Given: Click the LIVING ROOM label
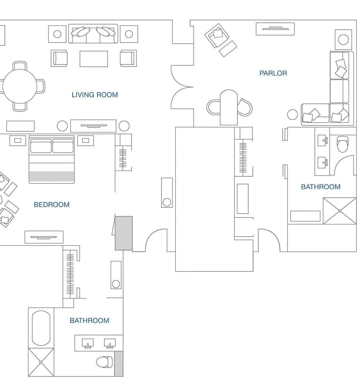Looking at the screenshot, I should click(95, 95).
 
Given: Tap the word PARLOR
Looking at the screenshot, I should click(273, 73).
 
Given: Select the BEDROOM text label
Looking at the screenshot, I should click(52, 204).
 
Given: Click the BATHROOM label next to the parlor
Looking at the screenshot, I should click(320, 187).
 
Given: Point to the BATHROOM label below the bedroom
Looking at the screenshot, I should click(89, 320).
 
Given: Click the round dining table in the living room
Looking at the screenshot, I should click(20, 86).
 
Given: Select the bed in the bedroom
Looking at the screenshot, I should click(52, 159).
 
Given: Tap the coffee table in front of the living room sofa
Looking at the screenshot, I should click(94, 59).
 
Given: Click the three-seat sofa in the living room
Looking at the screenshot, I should click(93, 34).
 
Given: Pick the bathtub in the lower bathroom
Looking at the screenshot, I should click(41, 328).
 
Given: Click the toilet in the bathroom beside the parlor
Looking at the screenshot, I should click(343, 144).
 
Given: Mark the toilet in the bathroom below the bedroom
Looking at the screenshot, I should click(104, 362).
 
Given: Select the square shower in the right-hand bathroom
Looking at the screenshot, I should click(339, 211).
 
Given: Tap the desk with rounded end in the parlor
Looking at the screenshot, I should click(229, 107).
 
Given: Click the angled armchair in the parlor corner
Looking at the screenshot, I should click(216, 35).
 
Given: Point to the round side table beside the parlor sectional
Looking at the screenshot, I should click(293, 114).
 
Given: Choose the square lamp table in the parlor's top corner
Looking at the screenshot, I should click(343, 39).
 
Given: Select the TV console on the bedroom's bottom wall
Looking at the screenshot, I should click(44, 237).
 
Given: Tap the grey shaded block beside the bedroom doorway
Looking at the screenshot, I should click(124, 233).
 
